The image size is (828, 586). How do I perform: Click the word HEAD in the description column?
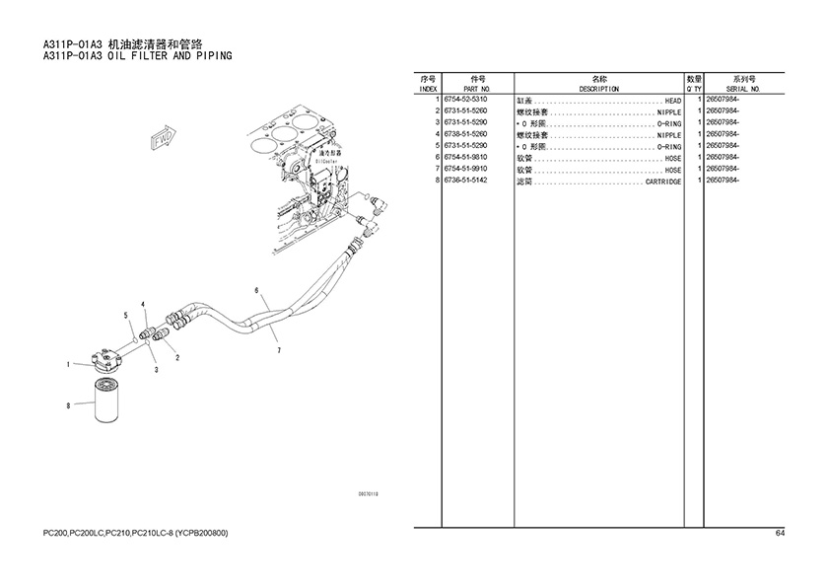click(x=672, y=101)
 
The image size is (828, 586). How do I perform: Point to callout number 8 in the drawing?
click(x=68, y=405)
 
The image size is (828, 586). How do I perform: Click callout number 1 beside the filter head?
click(x=68, y=365)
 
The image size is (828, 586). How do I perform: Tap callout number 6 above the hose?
click(x=256, y=291)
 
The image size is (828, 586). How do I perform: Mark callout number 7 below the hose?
click(x=279, y=350)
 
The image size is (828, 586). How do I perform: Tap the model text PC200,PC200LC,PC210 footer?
click(x=135, y=533)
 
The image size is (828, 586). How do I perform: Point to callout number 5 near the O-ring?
click(x=125, y=315)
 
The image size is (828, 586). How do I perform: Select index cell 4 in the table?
click(x=436, y=134)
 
